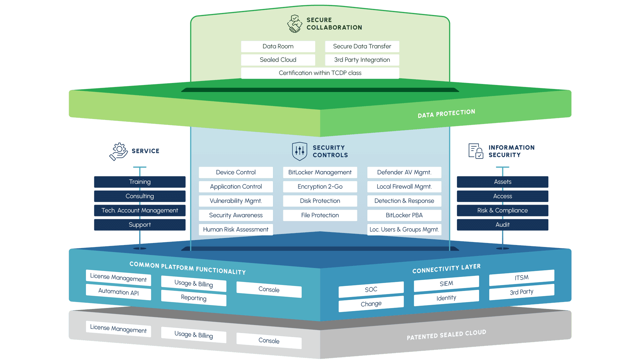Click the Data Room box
coord(278,46)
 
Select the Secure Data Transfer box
coord(362,46)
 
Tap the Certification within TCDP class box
coord(320,73)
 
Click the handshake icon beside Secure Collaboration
coord(294,24)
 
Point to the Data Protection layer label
coord(446,113)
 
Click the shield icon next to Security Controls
coord(299,151)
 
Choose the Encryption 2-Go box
coord(320,187)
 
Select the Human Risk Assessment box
coord(236,230)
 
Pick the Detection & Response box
coord(404,201)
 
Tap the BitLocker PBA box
coord(404,215)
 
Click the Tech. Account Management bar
coord(140,211)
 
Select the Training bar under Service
coord(140,182)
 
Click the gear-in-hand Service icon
coord(119,152)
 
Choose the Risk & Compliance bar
coord(502,211)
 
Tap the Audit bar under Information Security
coord(502,225)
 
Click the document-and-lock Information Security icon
coord(476,151)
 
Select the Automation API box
coord(118,292)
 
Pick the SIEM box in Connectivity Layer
coord(446,284)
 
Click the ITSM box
coord(522,278)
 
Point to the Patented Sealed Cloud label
coord(446,335)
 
